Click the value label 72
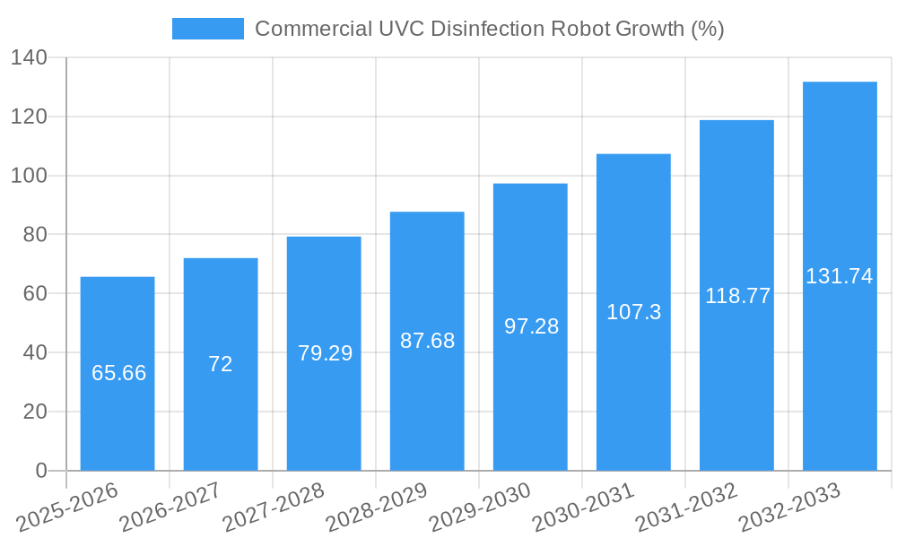coord(221,364)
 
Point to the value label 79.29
coord(325,353)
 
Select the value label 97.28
coord(531,326)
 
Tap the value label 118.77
coord(737,296)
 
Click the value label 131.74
coord(840,276)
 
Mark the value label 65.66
coord(118,373)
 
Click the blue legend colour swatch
coord(207,29)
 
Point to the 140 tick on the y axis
coord(34,58)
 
